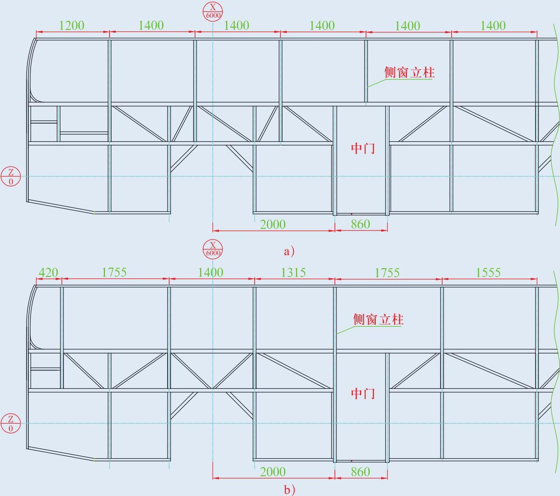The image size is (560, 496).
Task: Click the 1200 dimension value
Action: coord(72,26)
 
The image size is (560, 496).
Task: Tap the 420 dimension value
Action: coord(48,273)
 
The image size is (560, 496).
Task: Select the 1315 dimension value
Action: coord(293,273)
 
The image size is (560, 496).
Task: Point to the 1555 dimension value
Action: coord(488,273)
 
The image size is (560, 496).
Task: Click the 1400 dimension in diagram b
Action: coord(210,273)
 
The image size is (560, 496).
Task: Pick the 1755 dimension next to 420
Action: coord(114,273)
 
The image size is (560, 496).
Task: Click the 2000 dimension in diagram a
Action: coord(273,225)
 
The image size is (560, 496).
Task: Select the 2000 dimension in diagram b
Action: coord(273,472)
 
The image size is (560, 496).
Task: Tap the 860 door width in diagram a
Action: coord(360,225)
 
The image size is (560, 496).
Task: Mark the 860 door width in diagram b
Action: coord(360,472)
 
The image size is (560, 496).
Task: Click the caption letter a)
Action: coord(289,251)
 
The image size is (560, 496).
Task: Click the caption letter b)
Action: coord(289,490)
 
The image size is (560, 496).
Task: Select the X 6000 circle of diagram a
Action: coord(213,11)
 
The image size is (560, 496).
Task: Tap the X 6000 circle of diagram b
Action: coord(213,249)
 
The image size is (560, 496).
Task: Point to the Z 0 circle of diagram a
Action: coord(11,176)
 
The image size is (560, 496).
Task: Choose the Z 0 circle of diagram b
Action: coord(11,423)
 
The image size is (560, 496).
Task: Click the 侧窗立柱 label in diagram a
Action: coord(409,73)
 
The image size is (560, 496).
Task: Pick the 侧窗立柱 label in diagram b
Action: coord(378,319)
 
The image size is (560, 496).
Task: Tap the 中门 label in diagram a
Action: coord(363,148)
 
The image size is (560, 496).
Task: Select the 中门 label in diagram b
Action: coord(363,393)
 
